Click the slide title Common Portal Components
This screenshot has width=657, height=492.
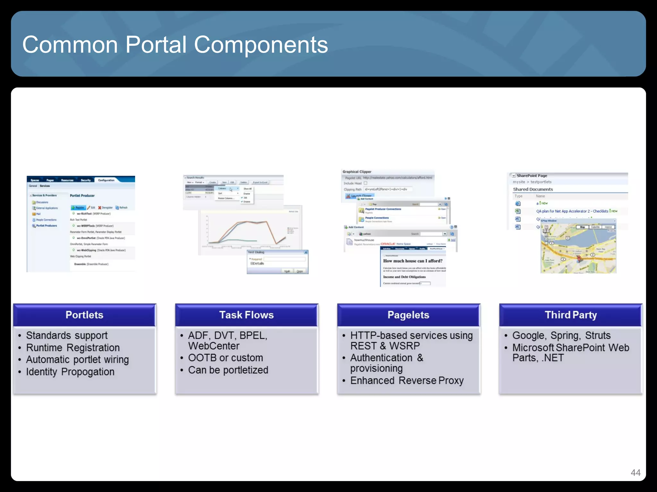(x=175, y=45)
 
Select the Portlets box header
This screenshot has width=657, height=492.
(x=84, y=315)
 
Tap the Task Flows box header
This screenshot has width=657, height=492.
(x=246, y=315)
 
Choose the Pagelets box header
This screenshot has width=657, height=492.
(x=408, y=315)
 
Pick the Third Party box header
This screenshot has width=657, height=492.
(x=571, y=315)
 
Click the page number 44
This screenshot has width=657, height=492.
(x=635, y=472)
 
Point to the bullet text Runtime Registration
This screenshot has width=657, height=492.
(x=73, y=348)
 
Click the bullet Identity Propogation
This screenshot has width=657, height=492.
(x=70, y=372)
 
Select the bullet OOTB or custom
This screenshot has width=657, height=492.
(x=226, y=358)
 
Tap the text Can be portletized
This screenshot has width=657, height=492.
(x=228, y=370)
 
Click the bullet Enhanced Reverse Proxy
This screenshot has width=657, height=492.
(x=407, y=381)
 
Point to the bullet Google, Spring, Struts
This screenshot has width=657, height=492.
(x=561, y=335)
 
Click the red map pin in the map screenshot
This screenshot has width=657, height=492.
(x=579, y=258)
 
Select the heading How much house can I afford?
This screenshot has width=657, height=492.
(x=413, y=261)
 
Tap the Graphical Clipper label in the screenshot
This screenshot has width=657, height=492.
(x=357, y=172)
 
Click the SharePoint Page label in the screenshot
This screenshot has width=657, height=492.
(x=532, y=176)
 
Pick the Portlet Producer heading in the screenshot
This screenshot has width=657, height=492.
(x=82, y=195)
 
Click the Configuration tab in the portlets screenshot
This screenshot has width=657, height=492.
(x=106, y=180)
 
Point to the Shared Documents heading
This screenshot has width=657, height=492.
(x=533, y=189)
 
